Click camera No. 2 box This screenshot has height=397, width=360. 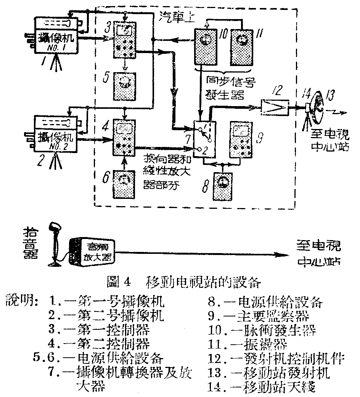click(56, 136)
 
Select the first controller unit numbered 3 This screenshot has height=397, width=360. click(125, 41)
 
